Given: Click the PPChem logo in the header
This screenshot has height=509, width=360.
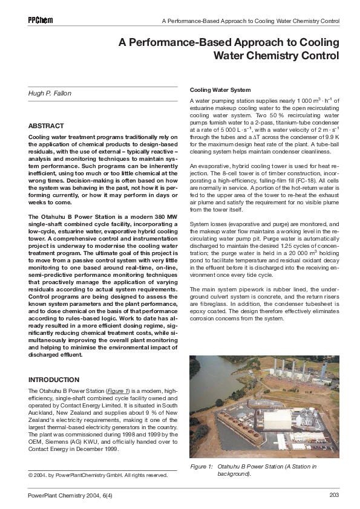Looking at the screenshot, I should point(41,20).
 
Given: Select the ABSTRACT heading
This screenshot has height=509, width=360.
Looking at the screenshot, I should point(46,126).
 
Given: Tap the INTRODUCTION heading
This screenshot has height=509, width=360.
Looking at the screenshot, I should point(54,380).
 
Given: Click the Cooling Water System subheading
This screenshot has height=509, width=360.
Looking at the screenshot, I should point(220,89).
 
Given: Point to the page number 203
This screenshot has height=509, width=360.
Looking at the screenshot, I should point(334,496).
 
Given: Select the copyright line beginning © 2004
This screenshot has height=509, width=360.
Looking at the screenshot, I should point(98,475).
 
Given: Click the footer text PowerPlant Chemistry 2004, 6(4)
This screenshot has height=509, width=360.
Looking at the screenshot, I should point(70,496).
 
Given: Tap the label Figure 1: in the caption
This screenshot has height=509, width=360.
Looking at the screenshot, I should point(201,467).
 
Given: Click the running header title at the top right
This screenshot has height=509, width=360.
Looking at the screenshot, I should point(250,21).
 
